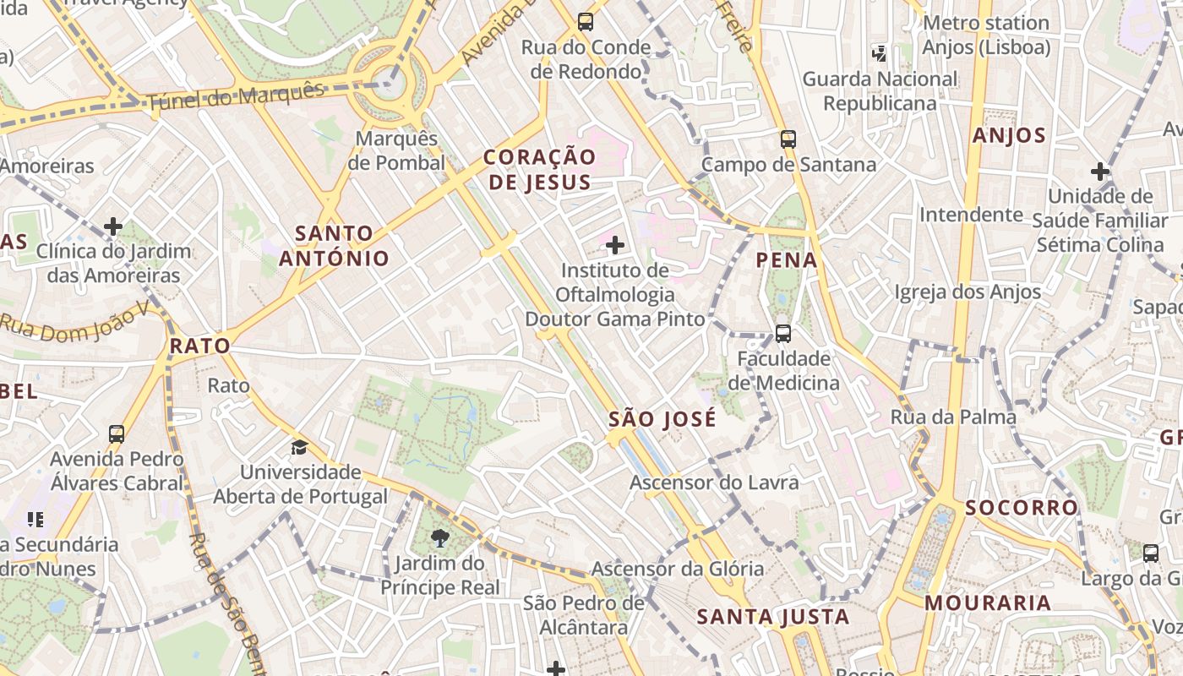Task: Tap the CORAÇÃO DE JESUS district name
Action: coord(539,169)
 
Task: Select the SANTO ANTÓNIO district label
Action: coord(335,246)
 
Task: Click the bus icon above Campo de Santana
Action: coord(788,139)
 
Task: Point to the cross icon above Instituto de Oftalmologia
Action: coord(615,246)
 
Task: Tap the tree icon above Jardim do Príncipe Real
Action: coord(439,537)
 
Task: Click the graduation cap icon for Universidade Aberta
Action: coord(299,447)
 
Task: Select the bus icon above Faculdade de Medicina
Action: coord(783,334)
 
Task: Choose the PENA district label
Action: coord(787,260)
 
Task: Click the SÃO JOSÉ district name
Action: coord(662,419)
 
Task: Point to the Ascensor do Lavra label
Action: coord(714,482)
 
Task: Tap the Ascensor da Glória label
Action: coord(677,569)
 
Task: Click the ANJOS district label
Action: coord(1009,135)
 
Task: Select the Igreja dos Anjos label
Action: coord(968,292)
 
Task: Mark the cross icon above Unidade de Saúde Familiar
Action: coord(1099,172)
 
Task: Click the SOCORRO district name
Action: coord(1022,508)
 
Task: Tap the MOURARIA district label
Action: coord(987,603)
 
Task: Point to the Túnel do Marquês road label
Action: coord(236,98)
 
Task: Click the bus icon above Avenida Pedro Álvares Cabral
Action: coord(117,434)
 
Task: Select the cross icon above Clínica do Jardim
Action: coord(113,226)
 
